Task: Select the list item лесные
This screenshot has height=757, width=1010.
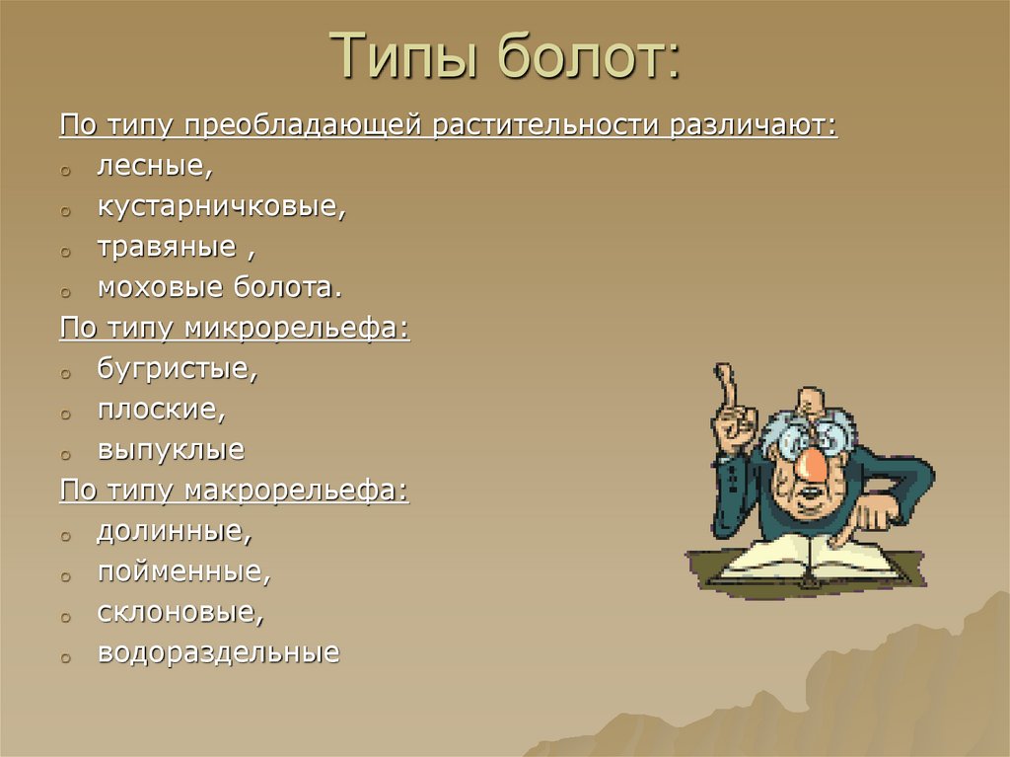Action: pos(154,167)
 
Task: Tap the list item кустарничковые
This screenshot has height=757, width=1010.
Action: pos(222,207)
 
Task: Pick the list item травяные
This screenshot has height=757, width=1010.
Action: pos(168,248)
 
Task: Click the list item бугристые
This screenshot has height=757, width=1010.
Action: pos(178,369)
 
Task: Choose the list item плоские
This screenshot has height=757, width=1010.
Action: pos(163,410)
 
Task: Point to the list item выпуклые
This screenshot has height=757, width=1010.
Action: pos(171,451)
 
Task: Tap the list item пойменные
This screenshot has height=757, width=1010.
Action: pos(183,571)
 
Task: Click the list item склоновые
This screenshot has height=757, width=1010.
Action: pos(180,612)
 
